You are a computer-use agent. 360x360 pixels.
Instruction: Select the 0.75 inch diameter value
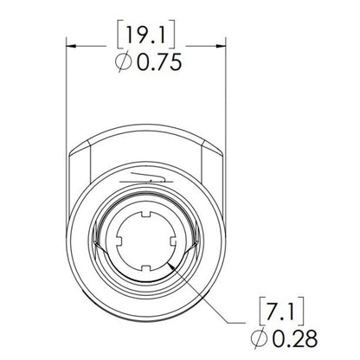[x=158, y=64]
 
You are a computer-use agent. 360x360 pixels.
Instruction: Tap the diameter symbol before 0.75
[x=125, y=64]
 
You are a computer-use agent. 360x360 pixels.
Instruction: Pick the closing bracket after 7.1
[x=308, y=309]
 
